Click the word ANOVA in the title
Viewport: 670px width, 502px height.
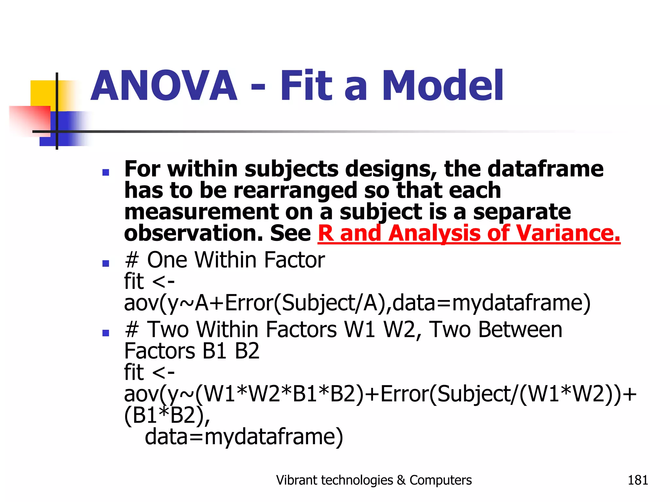[164, 86]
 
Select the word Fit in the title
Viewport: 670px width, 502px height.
[306, 86]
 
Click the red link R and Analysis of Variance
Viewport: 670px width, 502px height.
[469, 233]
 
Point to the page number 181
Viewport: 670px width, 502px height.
[638, 480]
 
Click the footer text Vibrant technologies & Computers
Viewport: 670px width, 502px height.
[374, 480]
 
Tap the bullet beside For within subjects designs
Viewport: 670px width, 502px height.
[105, 172]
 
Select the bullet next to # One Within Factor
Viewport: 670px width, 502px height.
[105, 263]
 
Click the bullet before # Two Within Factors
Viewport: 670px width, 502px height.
[105, 333]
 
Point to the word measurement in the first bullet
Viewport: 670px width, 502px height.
[201, 212]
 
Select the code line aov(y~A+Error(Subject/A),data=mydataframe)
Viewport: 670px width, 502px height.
[357, 303]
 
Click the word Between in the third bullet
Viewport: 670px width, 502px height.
[520, 329]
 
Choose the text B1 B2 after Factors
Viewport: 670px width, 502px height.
[231, 351]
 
